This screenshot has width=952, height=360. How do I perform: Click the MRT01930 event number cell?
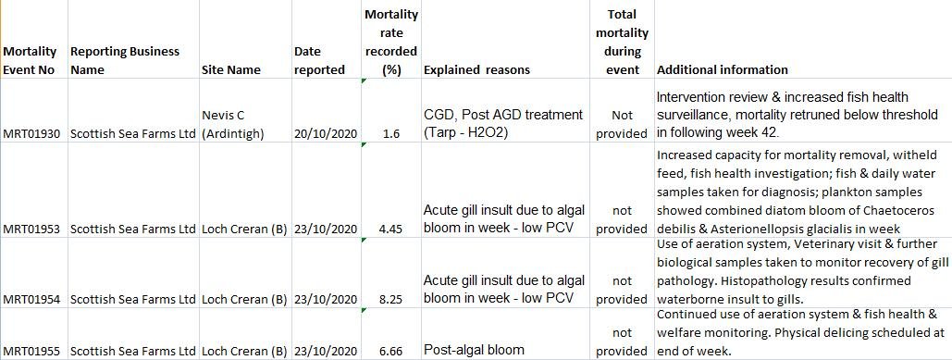[x=32, y=133]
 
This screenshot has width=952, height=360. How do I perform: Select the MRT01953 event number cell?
[x=32, y=229]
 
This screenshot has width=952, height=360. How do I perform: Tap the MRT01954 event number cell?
[x=32, y=299]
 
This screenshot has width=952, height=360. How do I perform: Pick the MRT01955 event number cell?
[x=32, y=351]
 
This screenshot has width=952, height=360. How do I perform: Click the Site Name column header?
[x=230, y=69]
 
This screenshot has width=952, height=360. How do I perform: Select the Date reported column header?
[x=319, y=60]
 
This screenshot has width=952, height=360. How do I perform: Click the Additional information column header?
[x=722, y=69]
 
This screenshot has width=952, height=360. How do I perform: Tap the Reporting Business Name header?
[x=125, y=60]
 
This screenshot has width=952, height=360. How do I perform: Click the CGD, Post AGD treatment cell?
[x=503, y=124]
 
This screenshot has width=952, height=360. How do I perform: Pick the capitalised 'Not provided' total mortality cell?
[x=622, y=124]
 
